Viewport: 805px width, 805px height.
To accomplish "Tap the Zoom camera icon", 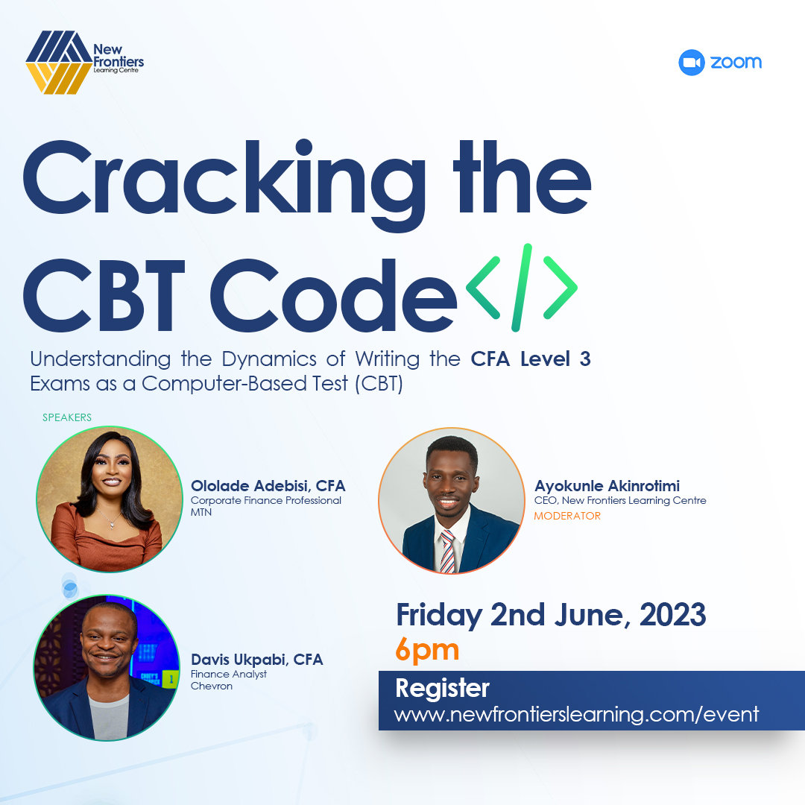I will tap(691, 63).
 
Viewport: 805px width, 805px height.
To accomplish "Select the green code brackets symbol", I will tap(521, 287).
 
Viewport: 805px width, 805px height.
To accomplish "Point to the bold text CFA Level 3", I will tap(530, 359).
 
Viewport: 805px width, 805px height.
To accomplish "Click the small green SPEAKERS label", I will tap(67, 417).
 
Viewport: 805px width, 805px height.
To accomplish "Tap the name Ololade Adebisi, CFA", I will tap(268, 486).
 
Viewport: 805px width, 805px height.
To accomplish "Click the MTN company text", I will tap(201, 513).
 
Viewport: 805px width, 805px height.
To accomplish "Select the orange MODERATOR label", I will tap(567, 516).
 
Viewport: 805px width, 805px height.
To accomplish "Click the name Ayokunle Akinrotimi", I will tap(607, 486).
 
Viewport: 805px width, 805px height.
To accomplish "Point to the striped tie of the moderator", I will tap(447, 552).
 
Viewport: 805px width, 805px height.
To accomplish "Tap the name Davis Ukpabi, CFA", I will tap(256, 660).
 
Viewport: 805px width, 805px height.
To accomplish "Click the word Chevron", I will tap(212, 686).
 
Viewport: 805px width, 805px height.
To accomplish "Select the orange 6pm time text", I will tap(427, 650).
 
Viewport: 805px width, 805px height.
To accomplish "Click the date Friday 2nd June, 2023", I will tap(551, 616).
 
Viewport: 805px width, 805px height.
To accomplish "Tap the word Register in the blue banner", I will tap(442, 688).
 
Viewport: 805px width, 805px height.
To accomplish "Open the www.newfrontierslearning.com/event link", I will tap(576, 714).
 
